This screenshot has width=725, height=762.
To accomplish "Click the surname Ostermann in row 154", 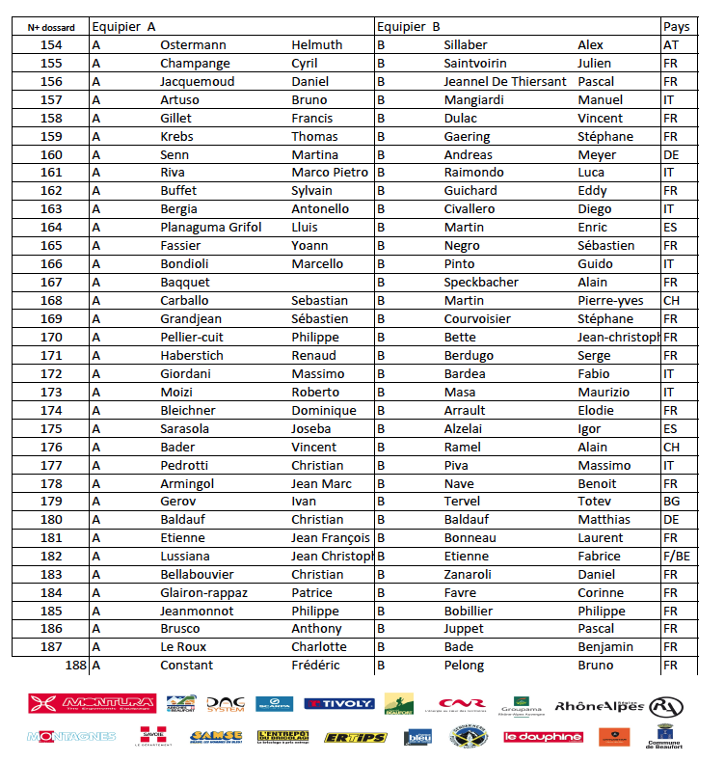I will [193, 45].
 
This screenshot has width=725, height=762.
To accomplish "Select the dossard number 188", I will [75, 666].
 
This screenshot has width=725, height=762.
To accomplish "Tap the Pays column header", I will [676, 27].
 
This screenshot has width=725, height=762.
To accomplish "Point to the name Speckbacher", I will [481, 283].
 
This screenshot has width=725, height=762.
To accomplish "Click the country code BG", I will [672, 502].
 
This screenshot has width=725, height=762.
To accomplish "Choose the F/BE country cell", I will [678, 557].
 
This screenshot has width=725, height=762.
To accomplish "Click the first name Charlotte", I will [319, 647].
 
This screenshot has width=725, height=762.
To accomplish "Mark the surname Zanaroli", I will [468, 575].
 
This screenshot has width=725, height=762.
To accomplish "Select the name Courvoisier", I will [484, 319].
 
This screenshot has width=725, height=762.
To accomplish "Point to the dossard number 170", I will [50, 338].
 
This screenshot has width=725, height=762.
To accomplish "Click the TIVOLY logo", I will [339, 704].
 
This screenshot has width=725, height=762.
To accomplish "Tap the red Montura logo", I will [92, 704].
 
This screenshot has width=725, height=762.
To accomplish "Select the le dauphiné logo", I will [544, 737].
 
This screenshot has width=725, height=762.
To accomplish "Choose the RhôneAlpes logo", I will [599, 705].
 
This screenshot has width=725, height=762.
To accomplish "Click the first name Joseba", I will [310, 428].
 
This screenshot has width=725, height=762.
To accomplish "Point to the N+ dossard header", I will [50, 28].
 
